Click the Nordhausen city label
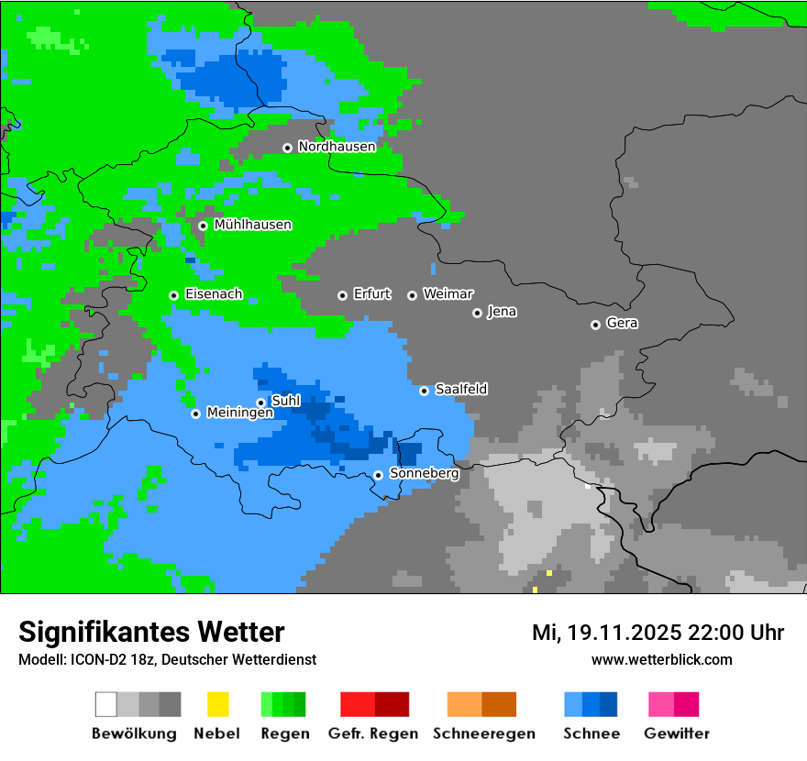337,147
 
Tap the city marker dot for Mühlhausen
203,226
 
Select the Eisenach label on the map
214,294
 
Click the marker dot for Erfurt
342,295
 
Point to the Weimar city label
448,294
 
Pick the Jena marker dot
477,313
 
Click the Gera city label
622,324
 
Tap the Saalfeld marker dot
424,391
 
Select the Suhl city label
285,401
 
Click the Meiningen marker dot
195,414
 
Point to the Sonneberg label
424,474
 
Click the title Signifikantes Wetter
151,632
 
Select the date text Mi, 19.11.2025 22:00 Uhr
658,633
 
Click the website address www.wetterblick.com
661,659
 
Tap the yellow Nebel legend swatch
217,704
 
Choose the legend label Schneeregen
483,733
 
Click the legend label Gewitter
676,733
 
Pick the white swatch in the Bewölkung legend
106,704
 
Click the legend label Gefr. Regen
372,733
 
